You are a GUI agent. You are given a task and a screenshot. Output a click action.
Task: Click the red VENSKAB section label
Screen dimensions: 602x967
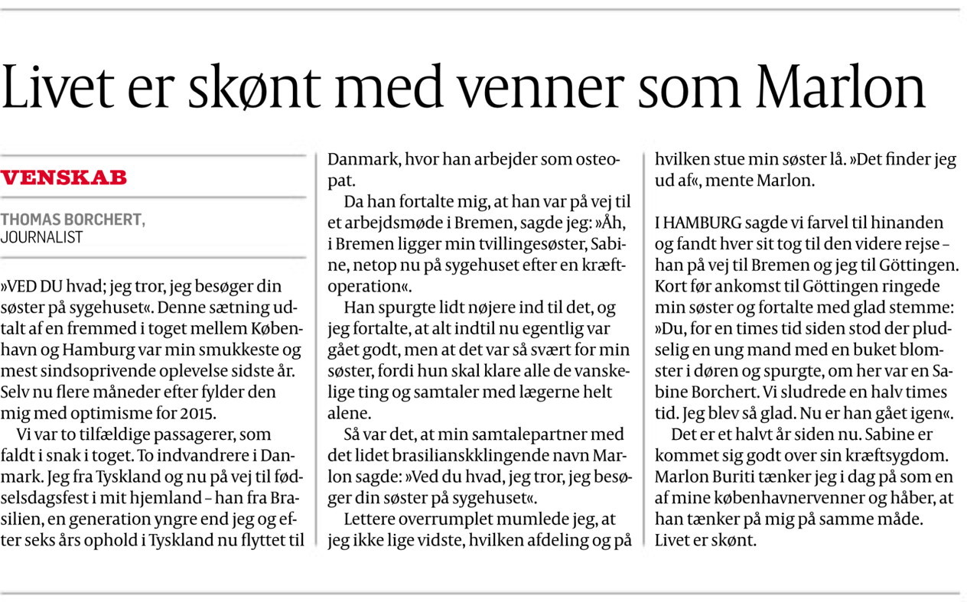click(63, 178)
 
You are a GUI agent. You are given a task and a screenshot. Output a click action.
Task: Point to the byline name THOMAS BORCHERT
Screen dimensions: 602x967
click(73, 220)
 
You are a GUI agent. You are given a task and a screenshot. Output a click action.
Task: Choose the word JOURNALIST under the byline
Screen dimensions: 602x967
click(41, 238)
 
